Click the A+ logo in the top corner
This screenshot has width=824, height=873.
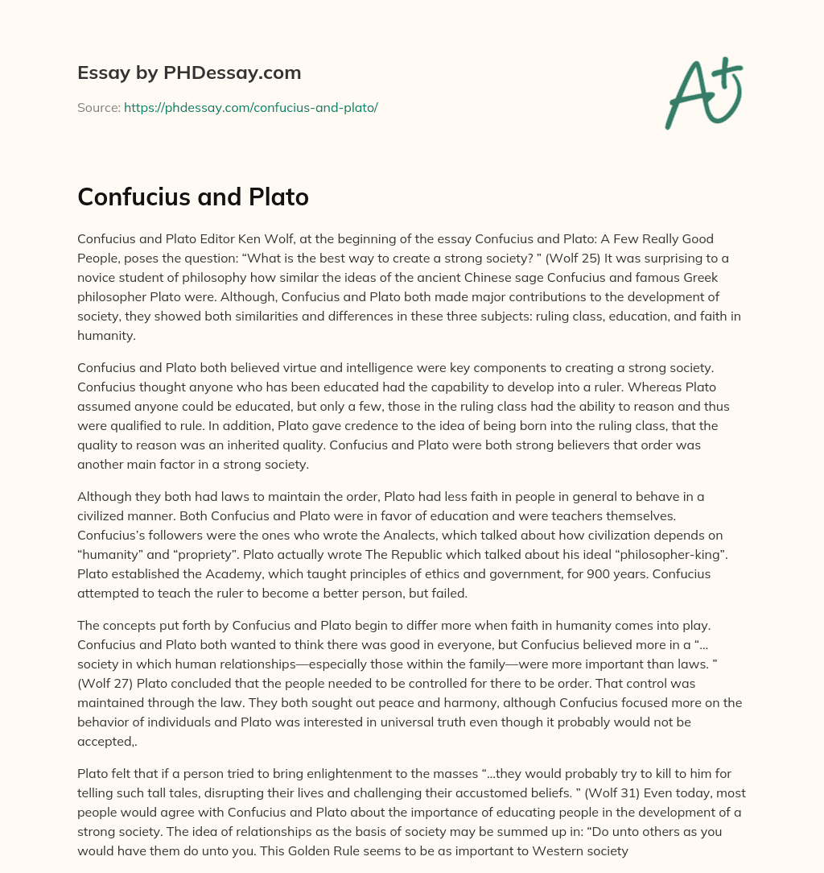tap(703, 93)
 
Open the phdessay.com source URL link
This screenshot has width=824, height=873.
tap(251, 107)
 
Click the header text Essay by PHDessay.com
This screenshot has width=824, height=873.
tap(189, 73)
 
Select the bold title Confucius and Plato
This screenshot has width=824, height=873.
tap(193, 197)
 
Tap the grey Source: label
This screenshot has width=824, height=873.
tap(98, 107)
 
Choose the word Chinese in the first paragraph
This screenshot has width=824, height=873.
tap(454, 277)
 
